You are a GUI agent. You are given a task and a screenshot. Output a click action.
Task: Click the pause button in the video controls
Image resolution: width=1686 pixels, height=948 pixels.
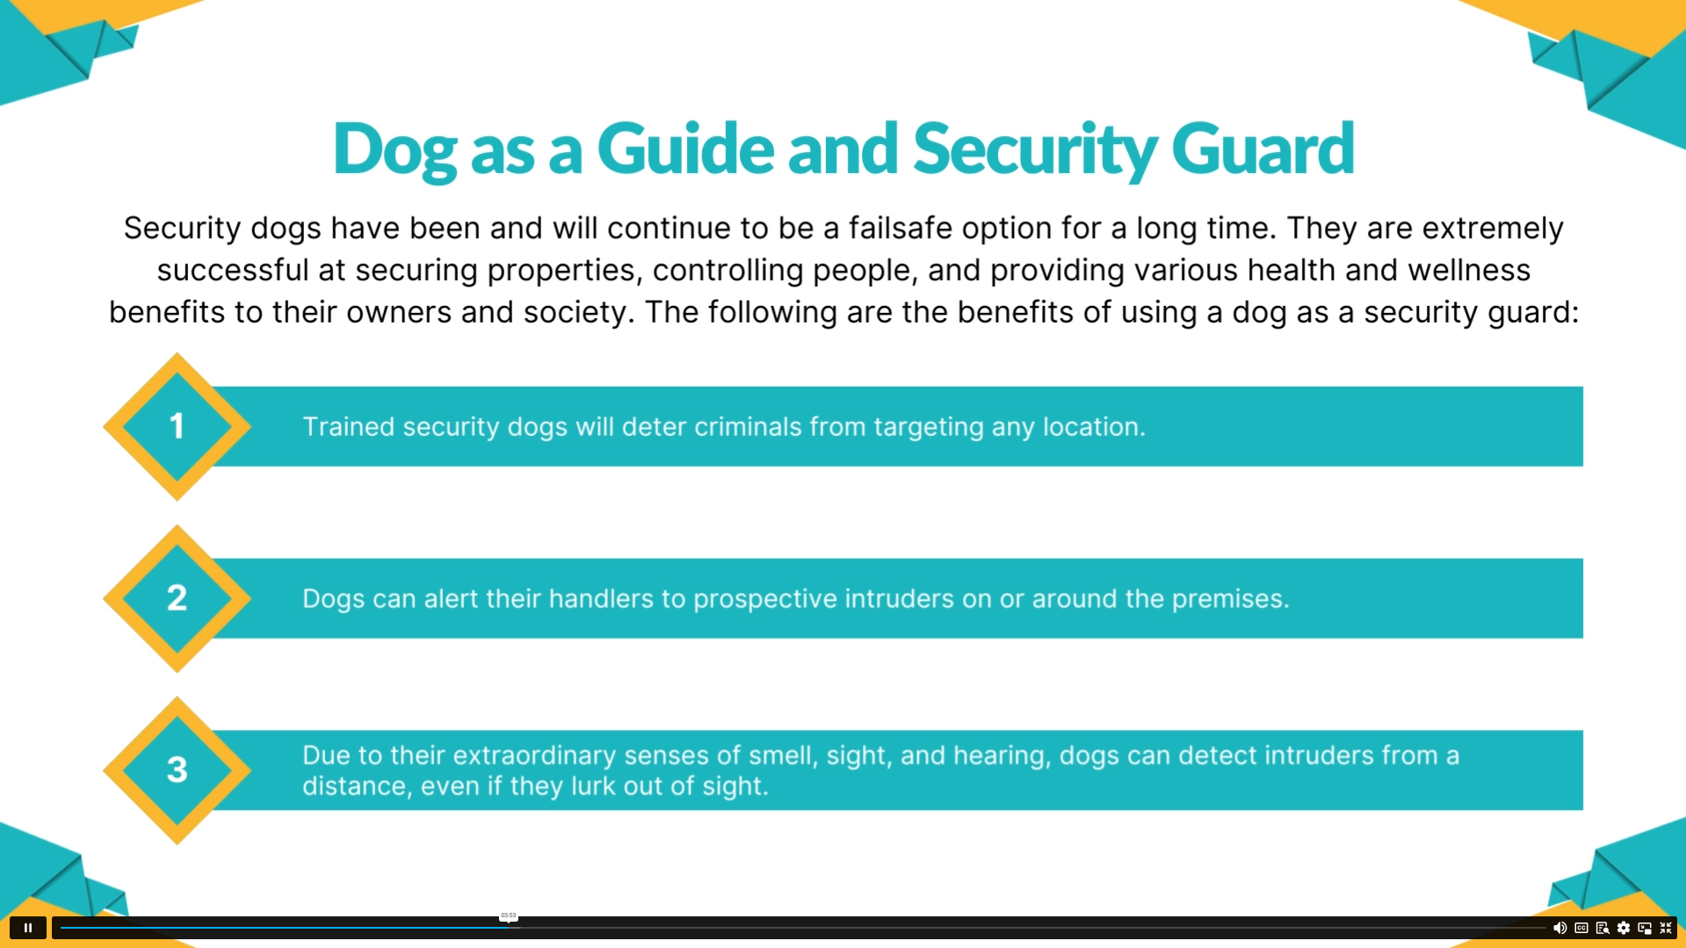click(x=27, y=928)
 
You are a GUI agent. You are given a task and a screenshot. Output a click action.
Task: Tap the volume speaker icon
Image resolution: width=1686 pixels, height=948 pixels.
click(x=1559, y=928)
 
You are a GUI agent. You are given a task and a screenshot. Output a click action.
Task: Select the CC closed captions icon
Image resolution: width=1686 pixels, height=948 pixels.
click(x=1581, y=928)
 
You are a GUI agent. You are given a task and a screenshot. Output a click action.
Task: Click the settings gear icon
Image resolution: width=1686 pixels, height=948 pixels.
click(x=1624, y=928)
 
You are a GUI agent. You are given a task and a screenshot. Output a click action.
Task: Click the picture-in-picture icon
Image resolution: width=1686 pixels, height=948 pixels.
click(x=1645, y=928)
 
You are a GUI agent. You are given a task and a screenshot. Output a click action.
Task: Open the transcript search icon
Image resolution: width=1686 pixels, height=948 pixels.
click(x=1603, y=928)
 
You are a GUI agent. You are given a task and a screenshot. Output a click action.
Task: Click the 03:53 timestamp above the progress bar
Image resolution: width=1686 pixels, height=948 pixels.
click(x=508, y=915)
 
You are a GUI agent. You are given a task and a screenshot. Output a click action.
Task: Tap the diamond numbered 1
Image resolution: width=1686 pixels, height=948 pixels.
click(x=177, y=427)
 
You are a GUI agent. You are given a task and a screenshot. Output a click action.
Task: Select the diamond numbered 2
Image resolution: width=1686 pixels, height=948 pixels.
click(x=177, y=598)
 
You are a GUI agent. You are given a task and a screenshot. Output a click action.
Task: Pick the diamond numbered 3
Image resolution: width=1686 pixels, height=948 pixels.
click(x=177, y=771)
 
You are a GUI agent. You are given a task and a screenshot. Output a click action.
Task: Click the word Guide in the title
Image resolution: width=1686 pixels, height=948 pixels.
click(x=685, y=148)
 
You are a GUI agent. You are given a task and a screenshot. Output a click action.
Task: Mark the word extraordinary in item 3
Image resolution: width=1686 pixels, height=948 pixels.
click(x=534, y=756)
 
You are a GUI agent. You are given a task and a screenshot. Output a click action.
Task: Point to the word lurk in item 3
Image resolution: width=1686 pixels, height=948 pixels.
click(x=593, y=785)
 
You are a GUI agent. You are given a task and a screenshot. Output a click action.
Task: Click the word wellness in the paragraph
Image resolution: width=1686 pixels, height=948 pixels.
click(x=1469, y=270)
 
